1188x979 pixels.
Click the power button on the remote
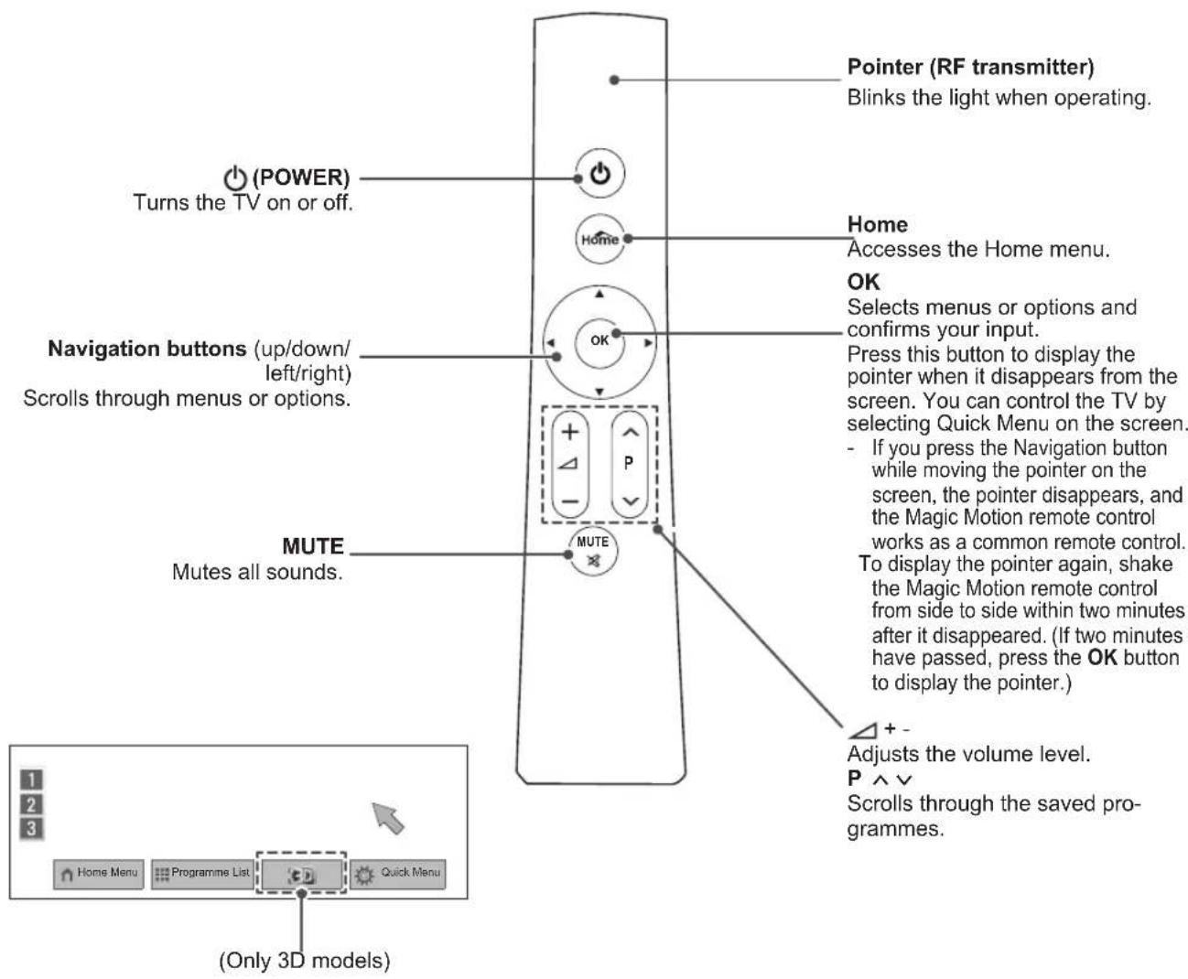[x=599, y=174]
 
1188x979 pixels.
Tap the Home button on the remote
[x=599, y=239]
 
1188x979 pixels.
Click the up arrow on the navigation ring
[x=599, y=294]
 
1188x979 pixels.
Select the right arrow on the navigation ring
[x=647, y=343]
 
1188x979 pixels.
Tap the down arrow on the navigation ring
[x=599, y=392]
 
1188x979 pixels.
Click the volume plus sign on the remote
[x=570, y=433]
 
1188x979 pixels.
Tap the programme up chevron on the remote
[x=630, y=433]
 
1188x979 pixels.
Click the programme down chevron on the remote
[x=630, y=500]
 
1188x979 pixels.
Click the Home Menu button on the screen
[x=99, y=873]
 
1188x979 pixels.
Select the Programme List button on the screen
[x=202, y=873]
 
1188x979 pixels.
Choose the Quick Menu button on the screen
[x=398, y=873]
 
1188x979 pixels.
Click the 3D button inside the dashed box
[x=301, y=874]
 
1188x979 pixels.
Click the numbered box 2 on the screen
[x=31, y=804]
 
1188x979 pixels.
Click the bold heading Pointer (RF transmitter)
[x=971, y=67]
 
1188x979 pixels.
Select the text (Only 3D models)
[x=305, y=960]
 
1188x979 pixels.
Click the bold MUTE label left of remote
[x=313, y=546]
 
